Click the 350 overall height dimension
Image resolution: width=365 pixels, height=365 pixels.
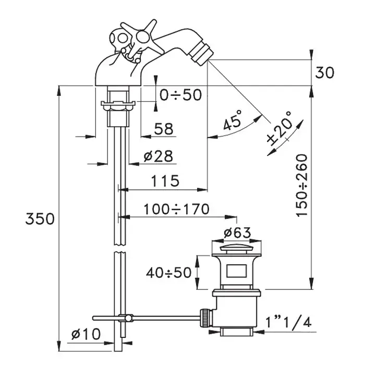[x=40, y=219]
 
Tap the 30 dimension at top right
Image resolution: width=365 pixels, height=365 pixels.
[x=324, y=72]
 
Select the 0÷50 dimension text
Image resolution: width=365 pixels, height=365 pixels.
[x=180, y=95]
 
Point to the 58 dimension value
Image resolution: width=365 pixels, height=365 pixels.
[x=164, y=129]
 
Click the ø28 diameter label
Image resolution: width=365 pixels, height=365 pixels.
[x=159, y=156]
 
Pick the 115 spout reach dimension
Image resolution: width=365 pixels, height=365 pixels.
[x=165, y=181]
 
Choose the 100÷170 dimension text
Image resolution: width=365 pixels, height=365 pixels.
[x=176, y=209]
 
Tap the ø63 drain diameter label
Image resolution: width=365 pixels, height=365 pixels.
[x=237, y=233]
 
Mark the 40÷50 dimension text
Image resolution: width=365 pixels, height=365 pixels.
[x=169, y=273]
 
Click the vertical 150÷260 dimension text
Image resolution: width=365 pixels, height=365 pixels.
[x=302, y=186]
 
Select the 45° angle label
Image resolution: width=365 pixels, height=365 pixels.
[x=233, y=120]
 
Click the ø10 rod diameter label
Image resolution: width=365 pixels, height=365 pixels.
[x=86, y=334]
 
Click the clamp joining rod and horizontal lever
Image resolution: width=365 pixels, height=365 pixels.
[x=126, y=318]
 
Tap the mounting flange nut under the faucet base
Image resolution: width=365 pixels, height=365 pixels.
[x=118, y=105]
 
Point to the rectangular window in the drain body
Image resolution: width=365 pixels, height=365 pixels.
[x=237, y=271]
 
